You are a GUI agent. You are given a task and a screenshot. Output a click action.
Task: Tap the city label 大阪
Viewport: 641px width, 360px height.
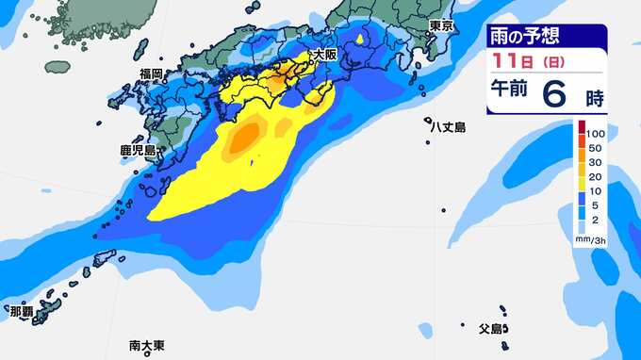tap(324, 56)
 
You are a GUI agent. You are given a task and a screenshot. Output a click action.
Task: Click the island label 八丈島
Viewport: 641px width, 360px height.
tap(447, 125)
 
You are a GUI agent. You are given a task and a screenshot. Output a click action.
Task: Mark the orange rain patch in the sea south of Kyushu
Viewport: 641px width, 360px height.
tap(247, 139)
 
